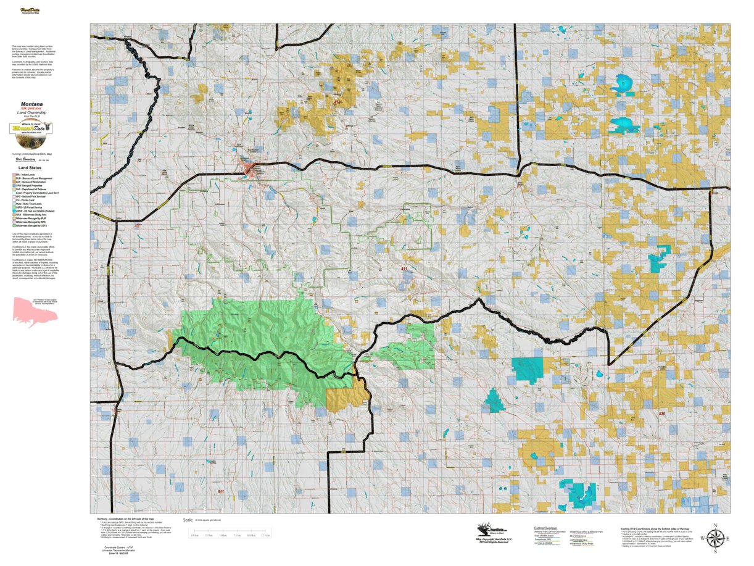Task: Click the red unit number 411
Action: tap(404, 269)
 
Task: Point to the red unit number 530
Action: tap(662, 414)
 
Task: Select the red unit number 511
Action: tap(222, 491)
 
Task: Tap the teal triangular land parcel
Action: tap(494, 401)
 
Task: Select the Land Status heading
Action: tap(30, 167)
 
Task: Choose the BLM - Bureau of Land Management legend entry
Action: tap(36, 178)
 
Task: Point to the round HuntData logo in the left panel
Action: tap(31, 128)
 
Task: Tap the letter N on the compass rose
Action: tap(715, 526)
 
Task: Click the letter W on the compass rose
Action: tap(702, 539)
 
